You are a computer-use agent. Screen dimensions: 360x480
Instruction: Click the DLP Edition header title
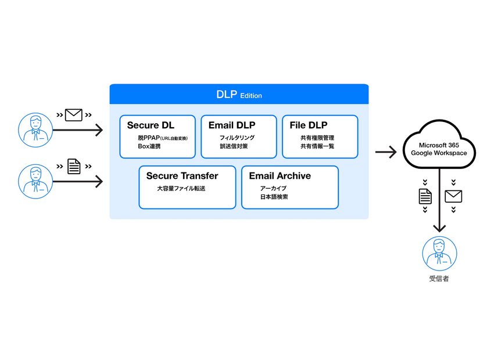(x=239, y=95)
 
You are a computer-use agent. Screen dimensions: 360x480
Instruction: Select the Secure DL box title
(x=151, y=125)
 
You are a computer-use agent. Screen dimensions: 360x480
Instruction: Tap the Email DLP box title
(x=231, y=125)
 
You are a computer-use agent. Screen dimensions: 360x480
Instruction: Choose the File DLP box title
(x=308, y=125)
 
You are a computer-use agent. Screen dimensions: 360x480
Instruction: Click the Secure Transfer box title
(x=182, y=175)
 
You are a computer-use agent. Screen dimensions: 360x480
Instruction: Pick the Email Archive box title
(x=280, y=175)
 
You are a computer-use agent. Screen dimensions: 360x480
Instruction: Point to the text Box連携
(x=149, y=146)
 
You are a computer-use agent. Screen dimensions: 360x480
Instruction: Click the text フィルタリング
(x=237, y=138)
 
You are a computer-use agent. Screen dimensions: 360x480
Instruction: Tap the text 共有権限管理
(x=317, y=138)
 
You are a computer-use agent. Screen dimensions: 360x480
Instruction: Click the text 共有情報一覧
(x=317, y=146)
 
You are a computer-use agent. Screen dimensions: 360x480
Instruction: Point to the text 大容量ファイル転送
(x=181, y=189)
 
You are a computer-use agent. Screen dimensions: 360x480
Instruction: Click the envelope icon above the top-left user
(x=74, y=115)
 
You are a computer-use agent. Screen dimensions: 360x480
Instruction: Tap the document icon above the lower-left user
(x=74, y=167)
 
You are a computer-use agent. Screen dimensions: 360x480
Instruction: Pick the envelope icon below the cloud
(x=453, y=196)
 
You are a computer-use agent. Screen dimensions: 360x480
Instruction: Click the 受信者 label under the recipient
(x=439, y=279)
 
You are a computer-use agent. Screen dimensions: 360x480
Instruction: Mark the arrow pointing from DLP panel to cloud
(x=386, y=152)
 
